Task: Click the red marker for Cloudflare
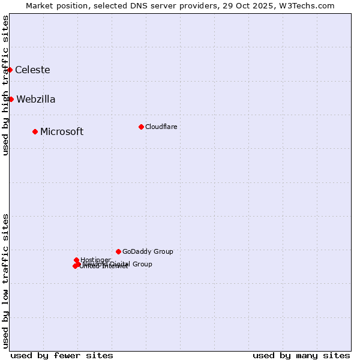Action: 141,127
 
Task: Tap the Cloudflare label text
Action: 161,127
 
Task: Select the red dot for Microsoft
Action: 35,131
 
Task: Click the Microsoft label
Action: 62,132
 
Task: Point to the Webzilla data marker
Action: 11,99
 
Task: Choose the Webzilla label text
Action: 36,100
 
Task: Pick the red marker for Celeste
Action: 10,70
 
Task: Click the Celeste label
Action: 32,70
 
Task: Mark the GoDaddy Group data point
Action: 118,251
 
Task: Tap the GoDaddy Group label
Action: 148,251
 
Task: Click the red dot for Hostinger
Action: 76,260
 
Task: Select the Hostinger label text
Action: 95,260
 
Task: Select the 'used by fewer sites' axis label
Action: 62,355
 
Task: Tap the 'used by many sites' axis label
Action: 301,355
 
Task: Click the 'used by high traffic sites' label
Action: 5,85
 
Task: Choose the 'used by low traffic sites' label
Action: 5,280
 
